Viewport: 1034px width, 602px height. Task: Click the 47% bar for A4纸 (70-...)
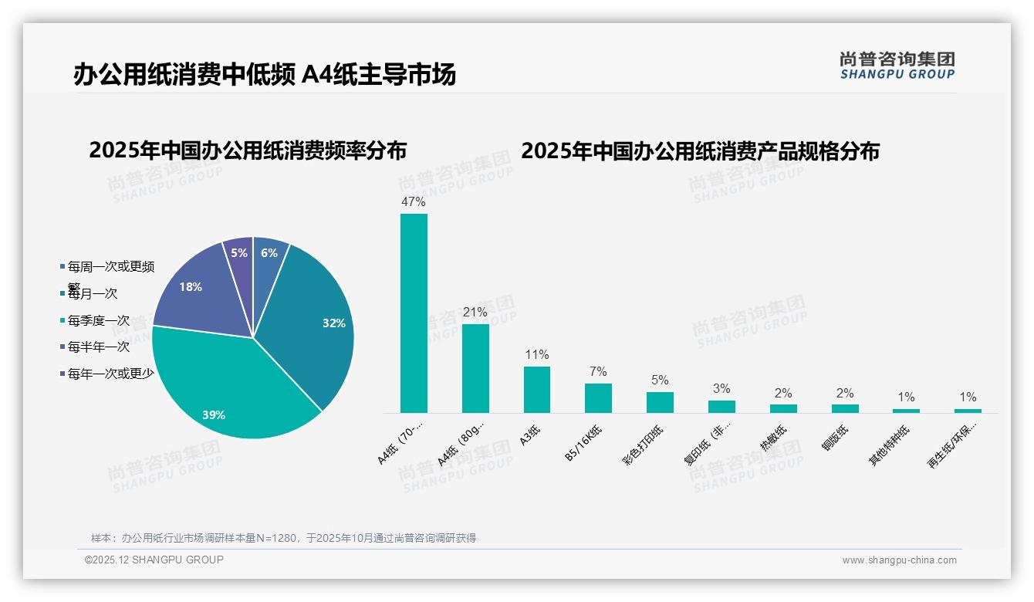pos(414,313)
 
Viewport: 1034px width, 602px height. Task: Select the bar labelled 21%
pos(475,368)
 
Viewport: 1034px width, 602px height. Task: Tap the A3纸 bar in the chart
pos(537,389)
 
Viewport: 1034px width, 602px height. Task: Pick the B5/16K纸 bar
pos(598,397)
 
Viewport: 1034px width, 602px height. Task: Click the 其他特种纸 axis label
pos(890,445)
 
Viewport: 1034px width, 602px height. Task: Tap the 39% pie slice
pos(224,386)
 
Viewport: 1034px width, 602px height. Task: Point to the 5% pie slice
pos(239,253)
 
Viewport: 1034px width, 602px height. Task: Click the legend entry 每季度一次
pos(98,320)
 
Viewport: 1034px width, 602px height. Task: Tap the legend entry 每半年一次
pos(98,347)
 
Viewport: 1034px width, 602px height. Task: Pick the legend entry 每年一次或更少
pos(110,374)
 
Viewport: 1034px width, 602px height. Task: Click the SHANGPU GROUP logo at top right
pos(897,66)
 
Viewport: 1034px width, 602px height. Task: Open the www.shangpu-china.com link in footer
pos(899,560)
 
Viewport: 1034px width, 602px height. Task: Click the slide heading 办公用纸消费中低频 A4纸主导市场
pos(265,74)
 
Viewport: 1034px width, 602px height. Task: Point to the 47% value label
pos(413,201)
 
